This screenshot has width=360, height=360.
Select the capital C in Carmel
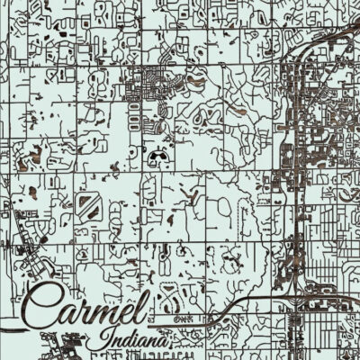pos(49,306)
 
